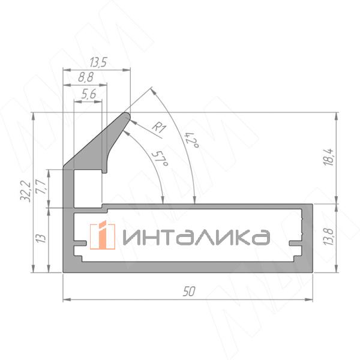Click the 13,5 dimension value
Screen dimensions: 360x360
(98, 62)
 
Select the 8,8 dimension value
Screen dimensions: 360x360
(86, 77)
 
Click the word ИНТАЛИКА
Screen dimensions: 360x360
(196, 238)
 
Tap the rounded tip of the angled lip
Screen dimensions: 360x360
(127, 113)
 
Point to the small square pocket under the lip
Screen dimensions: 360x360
(87, 188)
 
